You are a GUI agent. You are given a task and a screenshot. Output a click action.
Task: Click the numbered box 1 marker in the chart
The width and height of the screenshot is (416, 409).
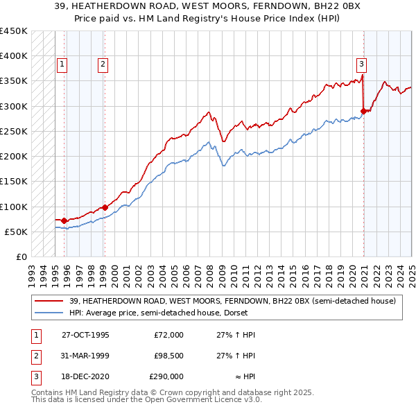click(x=62, y=64)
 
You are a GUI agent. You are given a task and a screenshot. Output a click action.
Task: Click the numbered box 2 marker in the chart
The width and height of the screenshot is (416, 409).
click(x=103, y=64)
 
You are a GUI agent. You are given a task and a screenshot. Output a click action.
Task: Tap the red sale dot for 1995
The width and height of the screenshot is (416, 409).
click(x=64, y=220)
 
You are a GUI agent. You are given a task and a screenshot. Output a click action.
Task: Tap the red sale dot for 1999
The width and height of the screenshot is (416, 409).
click(x=105, y=207)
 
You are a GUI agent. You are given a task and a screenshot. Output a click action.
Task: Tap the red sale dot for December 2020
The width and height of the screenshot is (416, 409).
click(x=363, y=110)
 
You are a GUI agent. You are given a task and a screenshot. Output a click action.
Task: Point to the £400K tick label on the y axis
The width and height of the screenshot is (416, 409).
click(x=14, y=56)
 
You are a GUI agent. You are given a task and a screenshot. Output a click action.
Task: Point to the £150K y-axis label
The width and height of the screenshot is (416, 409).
click(x=14, y=182)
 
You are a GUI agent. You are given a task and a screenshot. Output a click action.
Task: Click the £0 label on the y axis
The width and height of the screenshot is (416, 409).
click(x=21, y=256)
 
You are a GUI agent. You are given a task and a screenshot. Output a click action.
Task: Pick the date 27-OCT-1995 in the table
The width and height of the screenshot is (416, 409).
click(x=85, y=335)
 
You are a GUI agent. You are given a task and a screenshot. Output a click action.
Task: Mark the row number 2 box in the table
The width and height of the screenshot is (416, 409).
click(x=35, y=356)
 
